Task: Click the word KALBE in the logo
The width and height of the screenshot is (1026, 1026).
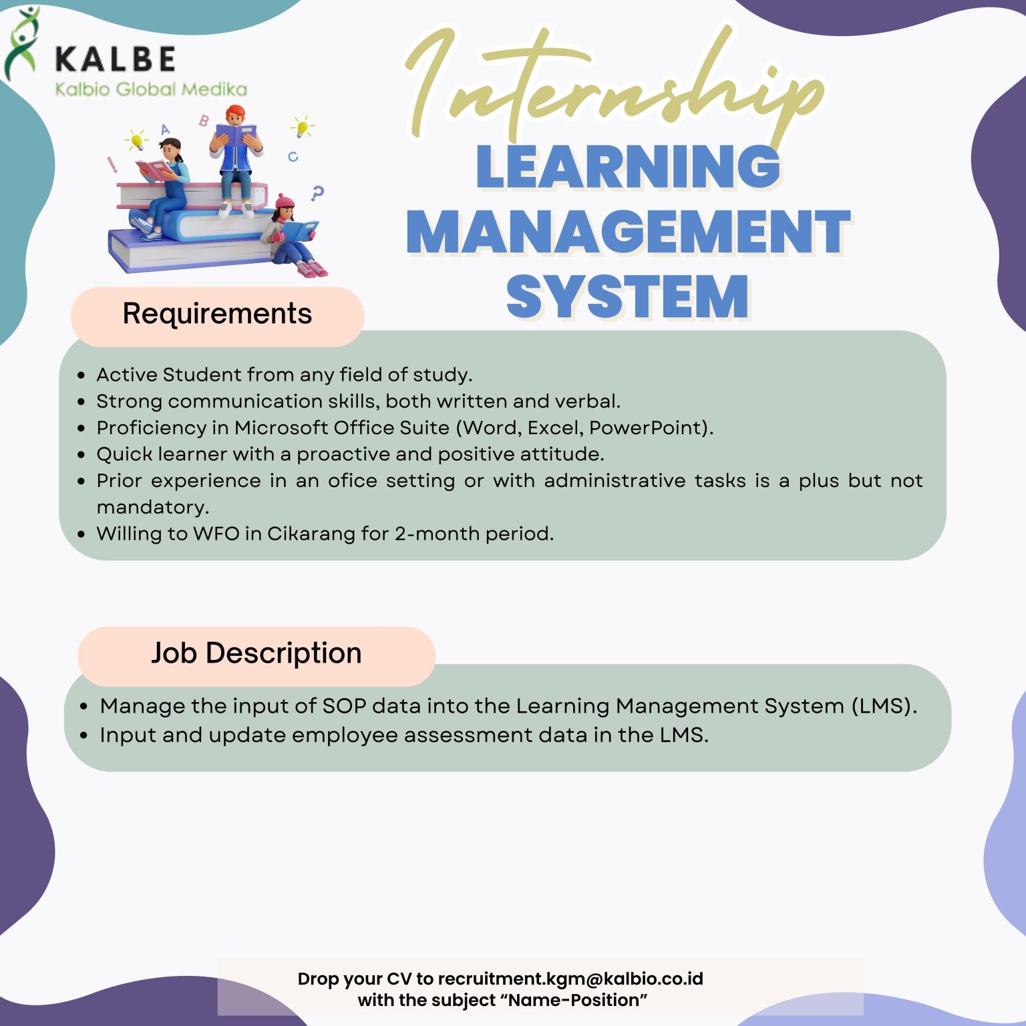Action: tap(115, 59)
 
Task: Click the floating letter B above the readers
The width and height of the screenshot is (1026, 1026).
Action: tap(204, 120)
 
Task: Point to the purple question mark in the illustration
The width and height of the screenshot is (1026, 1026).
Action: tap(317, 193)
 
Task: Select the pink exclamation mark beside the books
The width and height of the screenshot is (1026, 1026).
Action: tap(112, 164)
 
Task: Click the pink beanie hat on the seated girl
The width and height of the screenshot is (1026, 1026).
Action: tap(285, 200)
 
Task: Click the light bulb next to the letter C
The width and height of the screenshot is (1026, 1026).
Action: tap(302, 126)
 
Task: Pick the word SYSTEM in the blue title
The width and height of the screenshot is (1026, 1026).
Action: tap(627, 297)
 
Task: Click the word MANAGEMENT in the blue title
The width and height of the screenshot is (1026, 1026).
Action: tap(628, 232)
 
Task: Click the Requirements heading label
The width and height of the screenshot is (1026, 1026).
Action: tap(217, 314)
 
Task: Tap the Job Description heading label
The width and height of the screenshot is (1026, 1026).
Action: tap(256, 653)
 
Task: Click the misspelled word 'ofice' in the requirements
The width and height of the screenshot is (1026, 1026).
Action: tap(352, 480)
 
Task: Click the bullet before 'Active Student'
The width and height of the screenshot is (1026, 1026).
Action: tap(81, 375)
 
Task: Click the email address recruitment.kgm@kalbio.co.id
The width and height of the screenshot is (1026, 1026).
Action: tap(570, 979)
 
